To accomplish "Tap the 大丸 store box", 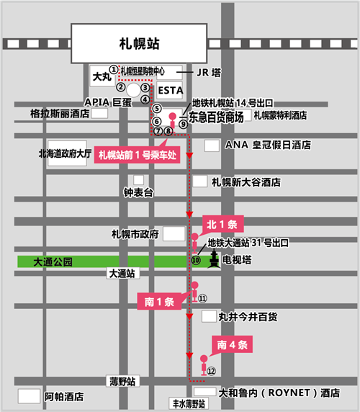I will (101, 74).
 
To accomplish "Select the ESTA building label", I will (170, 89).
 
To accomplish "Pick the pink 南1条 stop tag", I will (156, 301).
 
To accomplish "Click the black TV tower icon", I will (214, 261).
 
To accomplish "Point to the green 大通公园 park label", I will (53, 262).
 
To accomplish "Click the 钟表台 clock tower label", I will (139, 193).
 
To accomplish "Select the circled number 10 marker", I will (195, 259).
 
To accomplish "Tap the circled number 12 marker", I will (212, 371).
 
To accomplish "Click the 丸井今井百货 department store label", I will (248, 316).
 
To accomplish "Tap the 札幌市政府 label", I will (135, 234).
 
